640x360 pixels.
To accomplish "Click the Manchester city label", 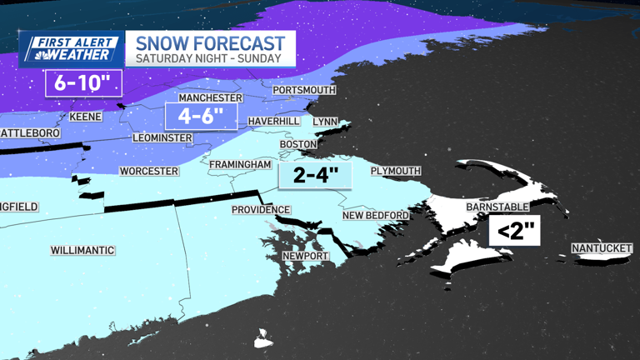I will (x=209, y=97).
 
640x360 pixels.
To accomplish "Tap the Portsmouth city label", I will (x=304, y=89).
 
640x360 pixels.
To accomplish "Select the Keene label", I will (x=86, y=117).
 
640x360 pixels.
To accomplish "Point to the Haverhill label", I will (x=273, y=121).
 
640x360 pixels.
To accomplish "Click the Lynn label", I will (x=325, y=121).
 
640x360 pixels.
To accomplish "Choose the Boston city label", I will (x=298, y=144).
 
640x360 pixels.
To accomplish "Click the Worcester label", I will (x=149, y=171).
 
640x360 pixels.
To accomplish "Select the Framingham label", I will (x=240, y=165).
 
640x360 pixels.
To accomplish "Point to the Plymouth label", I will (x=396, y=171).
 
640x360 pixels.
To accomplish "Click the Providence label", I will (x=261, y=210).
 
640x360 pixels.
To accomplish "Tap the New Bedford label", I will (x=376, y=216).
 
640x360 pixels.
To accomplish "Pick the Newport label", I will (x=305, y=256).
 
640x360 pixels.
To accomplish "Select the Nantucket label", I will (x=603, y=248).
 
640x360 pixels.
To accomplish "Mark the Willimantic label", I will (x=82, y=250).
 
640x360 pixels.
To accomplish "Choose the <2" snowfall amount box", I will (x=514, y=232).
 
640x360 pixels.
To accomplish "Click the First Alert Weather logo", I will (x=70, y=49).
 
